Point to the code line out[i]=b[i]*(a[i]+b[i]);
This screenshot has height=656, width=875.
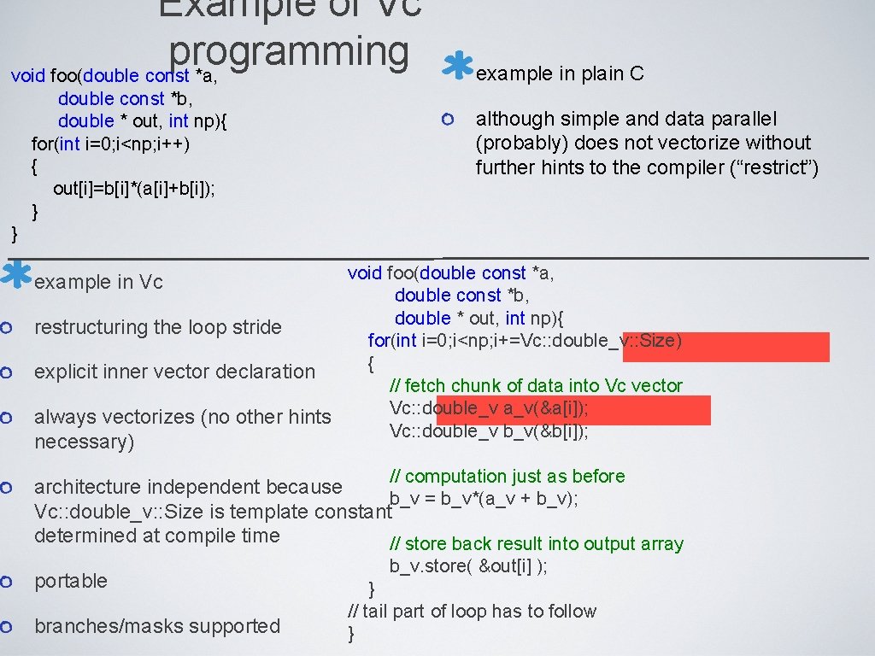click(x=134, y=188)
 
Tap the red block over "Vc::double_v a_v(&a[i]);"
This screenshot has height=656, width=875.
click(x=573, y=410)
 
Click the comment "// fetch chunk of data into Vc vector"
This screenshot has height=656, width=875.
click(x=536, y=386)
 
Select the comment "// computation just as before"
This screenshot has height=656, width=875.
click(x=507, y=477)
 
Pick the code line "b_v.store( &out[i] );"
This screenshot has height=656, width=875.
click(x=469, y=566)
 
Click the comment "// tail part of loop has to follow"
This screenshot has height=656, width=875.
click(x=472, y=612)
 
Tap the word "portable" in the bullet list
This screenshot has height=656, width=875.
click(x=71, y=581)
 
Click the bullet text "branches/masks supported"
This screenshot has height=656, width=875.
click(x=157, y=626)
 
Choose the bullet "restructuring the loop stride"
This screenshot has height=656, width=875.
click(x=157, y=327)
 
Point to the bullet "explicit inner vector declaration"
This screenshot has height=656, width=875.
click(x=174, y=372)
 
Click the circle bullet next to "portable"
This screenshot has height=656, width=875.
click(x=6, y=582)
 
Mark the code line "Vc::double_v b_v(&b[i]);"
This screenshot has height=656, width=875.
click(x=489, y=431)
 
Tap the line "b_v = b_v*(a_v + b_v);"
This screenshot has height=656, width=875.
click(x=484, y=499)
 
